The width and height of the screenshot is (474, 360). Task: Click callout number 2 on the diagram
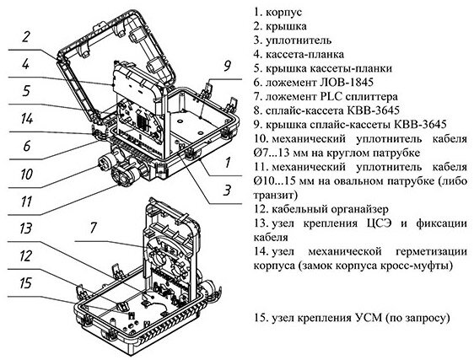(x=27, y=37)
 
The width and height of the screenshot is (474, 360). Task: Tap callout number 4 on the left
(x=27, y=64)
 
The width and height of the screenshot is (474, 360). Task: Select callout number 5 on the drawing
(x=27, y=91)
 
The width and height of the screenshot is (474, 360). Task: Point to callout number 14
(x=27, y=118)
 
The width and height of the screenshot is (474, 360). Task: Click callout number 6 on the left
(x=27, y=145)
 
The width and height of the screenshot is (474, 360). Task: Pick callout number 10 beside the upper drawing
(x=27, y=175)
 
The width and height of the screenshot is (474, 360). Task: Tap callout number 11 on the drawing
(x=27, y=201)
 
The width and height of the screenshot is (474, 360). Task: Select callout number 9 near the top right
(x=227, y=65)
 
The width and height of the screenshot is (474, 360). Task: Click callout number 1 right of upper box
(x=227, y=159)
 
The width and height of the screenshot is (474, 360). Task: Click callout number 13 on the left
(x=27, y=228)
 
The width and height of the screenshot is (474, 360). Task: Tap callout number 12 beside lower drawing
(x=27, y=255)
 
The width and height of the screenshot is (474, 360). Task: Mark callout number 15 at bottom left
(x=27, y=282)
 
